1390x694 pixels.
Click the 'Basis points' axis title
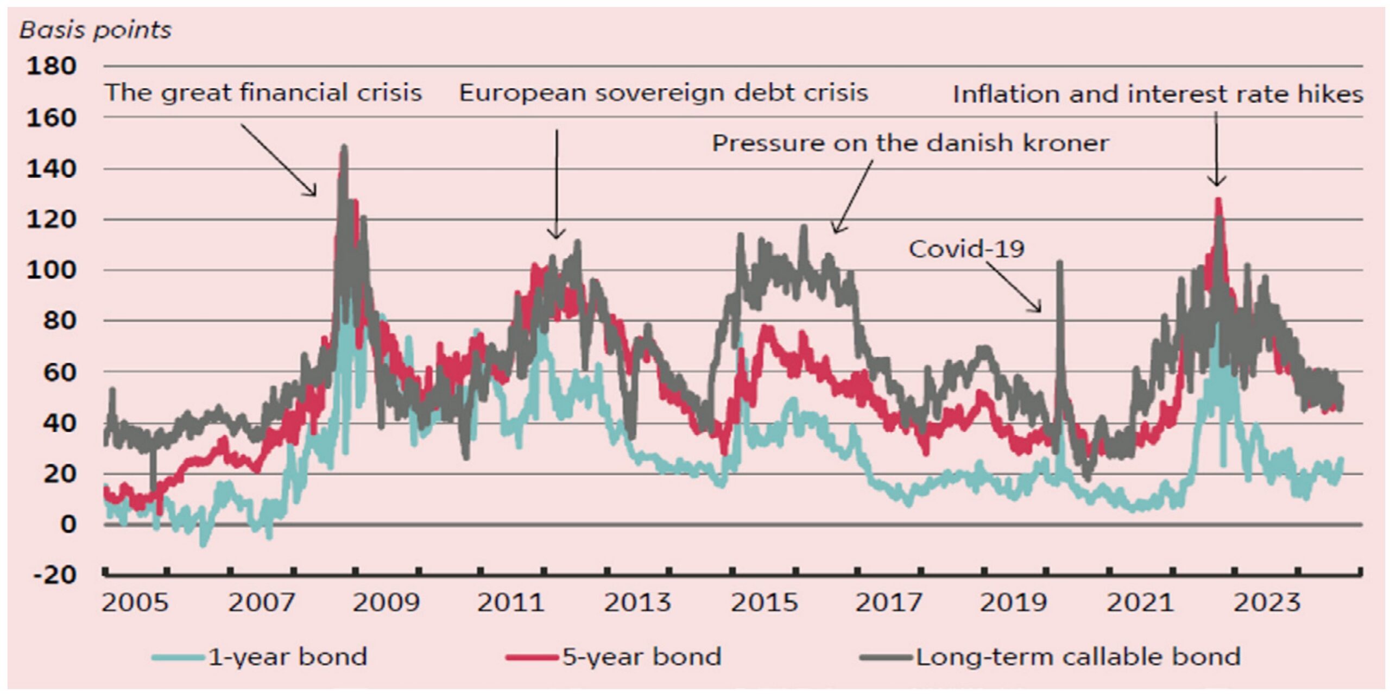click(x=96, y=30)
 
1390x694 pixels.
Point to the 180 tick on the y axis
click(x=51, y=66)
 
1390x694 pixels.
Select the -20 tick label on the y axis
click(x=55, y=575)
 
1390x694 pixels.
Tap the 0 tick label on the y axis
click(x=68, y=525)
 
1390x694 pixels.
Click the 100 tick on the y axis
click(x=51, y=270)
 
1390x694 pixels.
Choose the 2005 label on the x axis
click(x=135, y=603)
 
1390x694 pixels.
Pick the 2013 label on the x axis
click(x=637, y=603)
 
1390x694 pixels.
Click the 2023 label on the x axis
click(x=1267, y=603)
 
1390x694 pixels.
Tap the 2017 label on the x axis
click(x=889, y=603)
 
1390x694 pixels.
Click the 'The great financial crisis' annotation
click(x=263, y=92)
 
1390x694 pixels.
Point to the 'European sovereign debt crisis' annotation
click(x=664, y=92)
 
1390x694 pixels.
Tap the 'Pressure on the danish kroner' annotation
click(x=910, y=143)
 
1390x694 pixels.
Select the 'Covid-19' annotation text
click(x=966, y=249)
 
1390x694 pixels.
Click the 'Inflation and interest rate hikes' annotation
click(x=1158, y=94)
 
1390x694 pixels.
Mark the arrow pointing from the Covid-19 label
click(x=1013, y=287)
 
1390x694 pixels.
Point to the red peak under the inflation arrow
click(x=1218, y=200)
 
